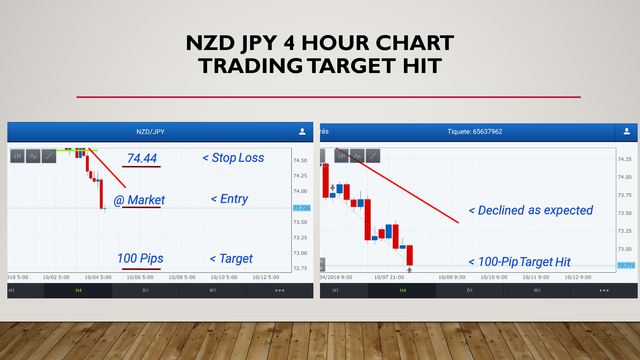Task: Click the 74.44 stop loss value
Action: (142, 158)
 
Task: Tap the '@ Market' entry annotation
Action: (139, 200)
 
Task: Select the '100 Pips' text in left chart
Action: (140, 259)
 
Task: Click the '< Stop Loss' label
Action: (233, 158)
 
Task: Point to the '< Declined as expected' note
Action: (531, 210)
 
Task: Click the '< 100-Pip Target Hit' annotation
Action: (520, 262)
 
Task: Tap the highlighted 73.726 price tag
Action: (302, 208)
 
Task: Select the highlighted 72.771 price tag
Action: (626, 265)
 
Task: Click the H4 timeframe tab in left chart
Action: (79, 290)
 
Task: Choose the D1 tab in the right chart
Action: (470, 290)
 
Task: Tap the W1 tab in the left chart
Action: (213, 290)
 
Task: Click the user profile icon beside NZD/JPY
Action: (302, 132)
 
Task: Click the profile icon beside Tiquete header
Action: (627, 131)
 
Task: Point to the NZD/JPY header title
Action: (150, 132)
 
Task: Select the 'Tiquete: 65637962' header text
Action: (475, 132)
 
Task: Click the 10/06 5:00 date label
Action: (140, 277)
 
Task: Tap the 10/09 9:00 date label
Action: (452, 277)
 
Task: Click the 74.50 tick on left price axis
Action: (300, 160)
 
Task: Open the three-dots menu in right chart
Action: (604, 290)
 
